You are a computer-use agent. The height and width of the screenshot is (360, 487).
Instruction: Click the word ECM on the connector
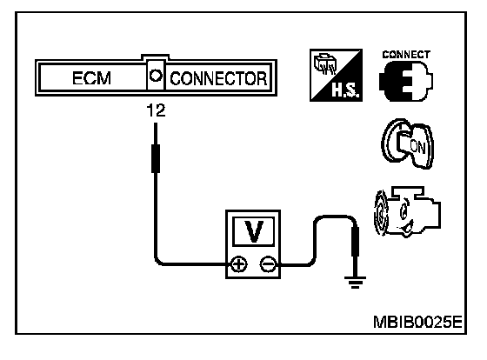tap(91, 78)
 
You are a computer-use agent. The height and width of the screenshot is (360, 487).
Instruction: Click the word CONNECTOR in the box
tap(218, 78)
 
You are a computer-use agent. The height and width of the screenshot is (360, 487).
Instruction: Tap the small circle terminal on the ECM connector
tap(156, 76)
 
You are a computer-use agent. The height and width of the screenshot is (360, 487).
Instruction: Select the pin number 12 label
tap(156, 111)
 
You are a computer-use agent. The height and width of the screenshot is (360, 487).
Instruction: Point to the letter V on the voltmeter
tap(254, 231)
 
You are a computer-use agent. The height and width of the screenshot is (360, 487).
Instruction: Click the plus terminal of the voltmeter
tap(238, 265)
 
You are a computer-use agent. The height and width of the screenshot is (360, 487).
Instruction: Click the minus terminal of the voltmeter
tap(268, 265)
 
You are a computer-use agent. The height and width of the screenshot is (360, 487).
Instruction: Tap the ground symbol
tap(355, 283)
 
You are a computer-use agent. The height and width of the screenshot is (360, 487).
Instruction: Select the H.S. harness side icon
tap(336, 75)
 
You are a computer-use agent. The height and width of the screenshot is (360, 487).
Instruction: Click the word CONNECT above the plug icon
tap(406, 55)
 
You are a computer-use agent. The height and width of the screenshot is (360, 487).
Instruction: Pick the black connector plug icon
tap(405, 81)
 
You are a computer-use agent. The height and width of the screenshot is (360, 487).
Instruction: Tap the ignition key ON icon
tap(407, 143)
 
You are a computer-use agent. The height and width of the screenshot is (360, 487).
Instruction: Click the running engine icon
tap(407, 212)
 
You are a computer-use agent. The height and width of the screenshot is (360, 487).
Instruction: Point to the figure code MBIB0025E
tap(417, 322)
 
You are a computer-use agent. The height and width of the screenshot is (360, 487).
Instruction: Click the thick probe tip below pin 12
tap(156, 158)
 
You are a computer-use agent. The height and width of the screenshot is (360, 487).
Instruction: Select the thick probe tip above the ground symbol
tap(355, 242)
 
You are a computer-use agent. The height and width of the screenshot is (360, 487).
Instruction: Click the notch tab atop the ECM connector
tap(156, 57)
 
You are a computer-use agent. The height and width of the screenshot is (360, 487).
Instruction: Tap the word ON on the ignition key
tap(417, 147)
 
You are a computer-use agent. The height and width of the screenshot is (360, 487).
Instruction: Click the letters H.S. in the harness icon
tap(346, 90)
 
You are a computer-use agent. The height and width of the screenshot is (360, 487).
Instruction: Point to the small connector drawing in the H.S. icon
tap(325, 64)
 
